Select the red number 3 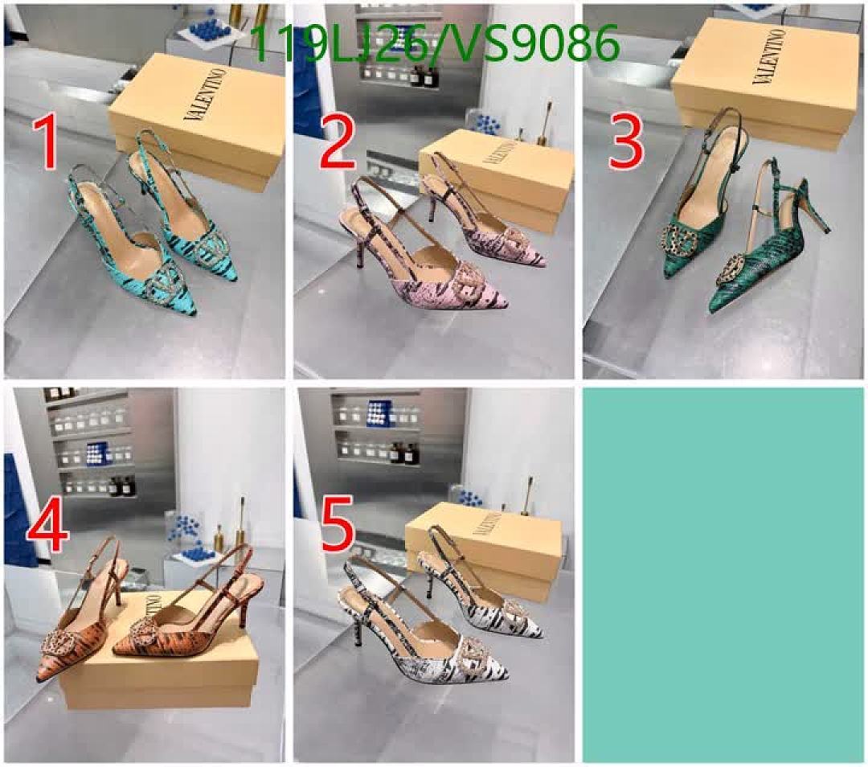[626, 142]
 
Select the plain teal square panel [723, 574]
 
